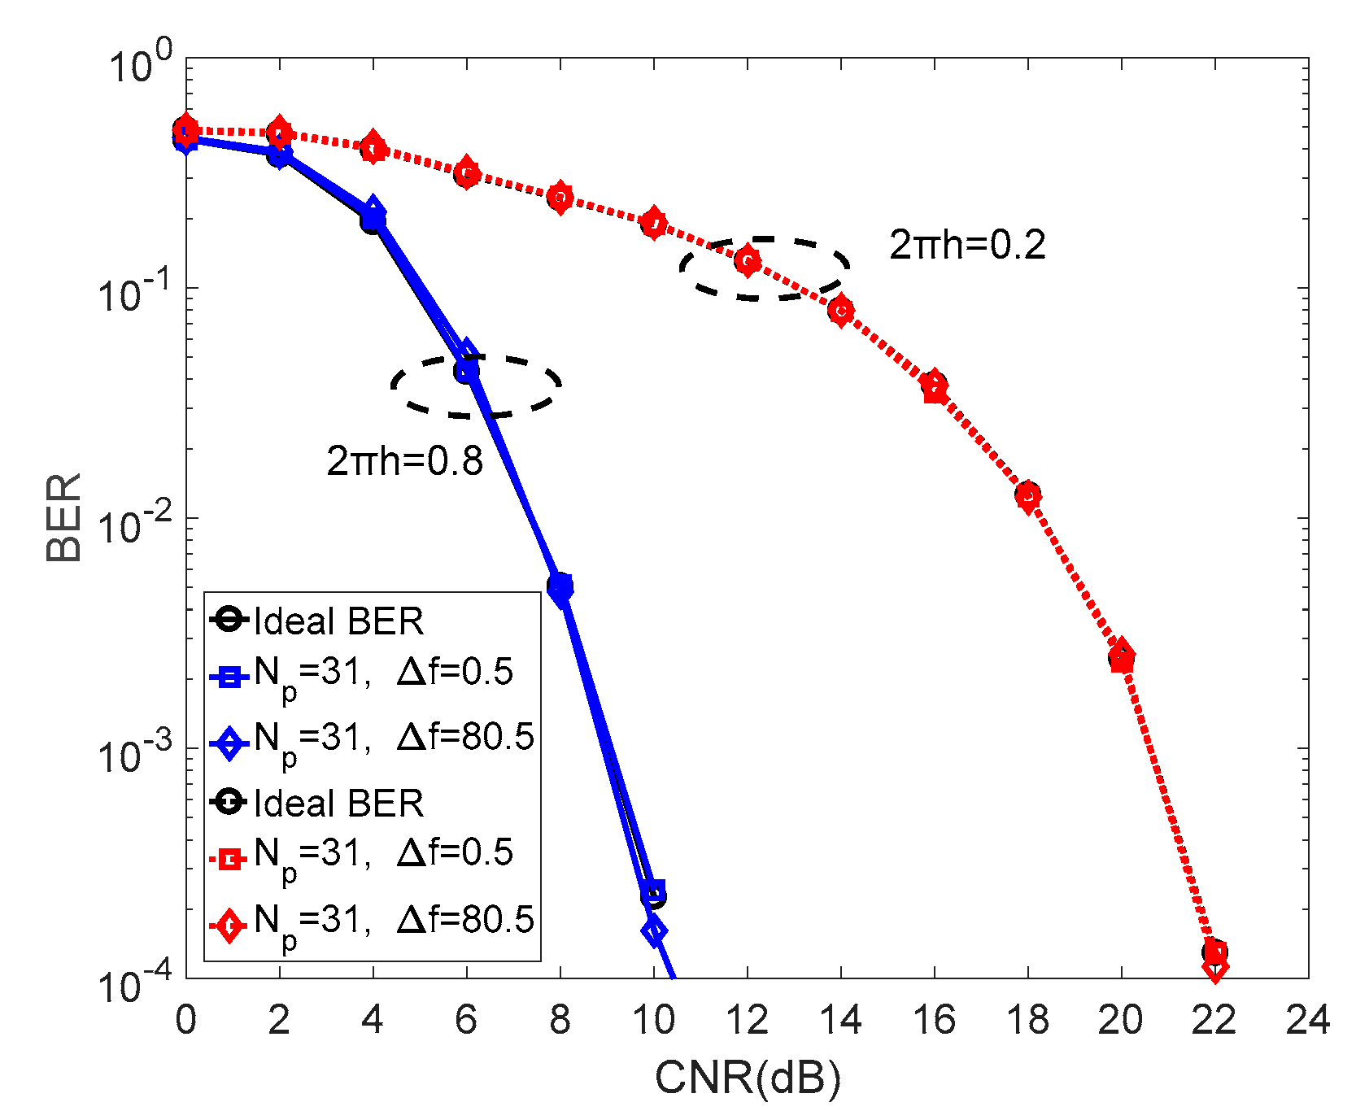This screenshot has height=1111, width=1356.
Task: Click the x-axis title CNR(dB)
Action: pyautogui.click(x=747, y=1078)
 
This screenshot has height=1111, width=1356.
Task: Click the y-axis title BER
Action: pyautogui.click(x=63, y=517)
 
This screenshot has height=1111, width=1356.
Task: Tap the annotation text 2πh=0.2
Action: pyautogui.click(x=966, y=245)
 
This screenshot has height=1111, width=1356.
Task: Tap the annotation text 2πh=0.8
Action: pyautogui.click(x=404, y=461)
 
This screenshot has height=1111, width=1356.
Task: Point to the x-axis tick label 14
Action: pyautogui.click(x=840, y=1020)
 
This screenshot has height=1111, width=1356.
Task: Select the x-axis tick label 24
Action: pyautogui.click(x=1307, y=1020)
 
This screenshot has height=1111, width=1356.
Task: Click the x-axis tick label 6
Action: pyautogui.click(x=466, y=1020)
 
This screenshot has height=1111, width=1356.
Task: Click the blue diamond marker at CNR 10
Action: pyautogui.click(x=654, y=930)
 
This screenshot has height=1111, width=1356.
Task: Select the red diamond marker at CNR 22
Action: pyautogui.click(x=1214, y=968)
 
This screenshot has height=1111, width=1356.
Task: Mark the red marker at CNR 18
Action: pyautogui.click(x=1028, y=495)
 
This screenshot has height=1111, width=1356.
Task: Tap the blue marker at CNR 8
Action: pyautogui.click(x=560, y=587)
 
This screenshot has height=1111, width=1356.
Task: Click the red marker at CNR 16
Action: pyautogui.click(x=935, y=386)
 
